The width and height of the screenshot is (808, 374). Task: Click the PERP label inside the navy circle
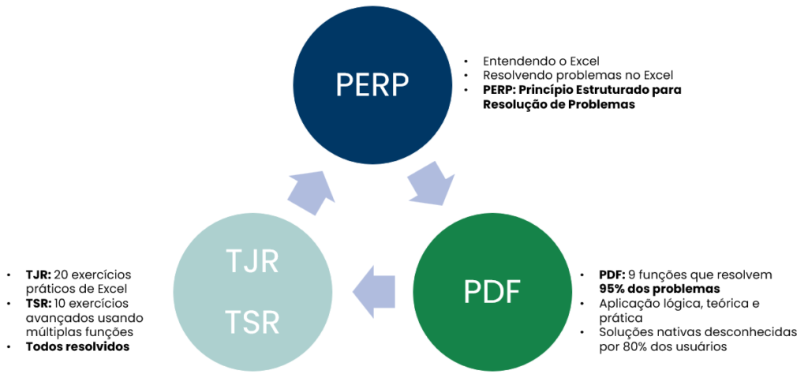pyautogui.click(x=373, y=83)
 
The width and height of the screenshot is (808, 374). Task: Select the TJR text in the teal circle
pyautogui.click(x=252, y=260)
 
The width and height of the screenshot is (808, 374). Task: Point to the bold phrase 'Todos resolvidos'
pyautogui.click(x=77, y=346)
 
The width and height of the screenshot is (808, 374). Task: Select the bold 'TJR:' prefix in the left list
pyautogui.click(x=37, y=275)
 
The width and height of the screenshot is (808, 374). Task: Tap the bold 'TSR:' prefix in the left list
pyautogui.click(x=38, y=303)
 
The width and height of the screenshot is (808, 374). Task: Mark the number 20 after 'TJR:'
pyautogui.click(x=62, y=275)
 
